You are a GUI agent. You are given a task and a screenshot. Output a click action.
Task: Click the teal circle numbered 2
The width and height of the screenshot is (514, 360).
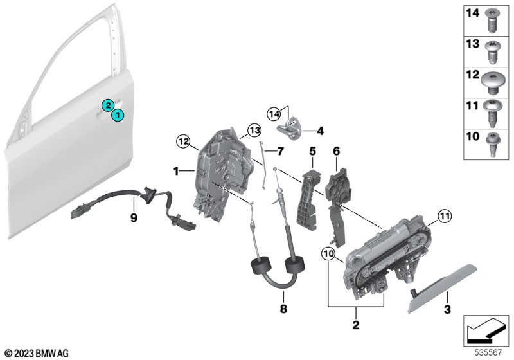tap(107, 105)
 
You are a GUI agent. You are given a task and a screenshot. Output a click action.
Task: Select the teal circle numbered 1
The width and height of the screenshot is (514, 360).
tap(118, 115)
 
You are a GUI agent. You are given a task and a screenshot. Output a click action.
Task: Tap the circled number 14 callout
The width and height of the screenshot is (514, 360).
tap(274, 114)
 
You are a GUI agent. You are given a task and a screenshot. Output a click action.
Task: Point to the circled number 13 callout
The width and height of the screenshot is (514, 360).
tap(254, 130)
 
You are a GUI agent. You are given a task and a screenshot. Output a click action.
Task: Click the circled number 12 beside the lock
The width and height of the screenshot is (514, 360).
tap(183, 141)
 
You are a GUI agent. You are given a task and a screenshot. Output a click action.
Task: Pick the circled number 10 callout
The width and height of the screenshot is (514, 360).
tap(328, 253)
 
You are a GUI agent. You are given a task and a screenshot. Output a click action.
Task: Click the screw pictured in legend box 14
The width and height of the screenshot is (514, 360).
tap(491, 21)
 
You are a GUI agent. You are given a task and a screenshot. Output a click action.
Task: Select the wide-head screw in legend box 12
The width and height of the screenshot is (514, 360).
tap(491, 82)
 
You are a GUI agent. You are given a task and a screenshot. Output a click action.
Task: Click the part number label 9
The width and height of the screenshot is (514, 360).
tap(134, 217)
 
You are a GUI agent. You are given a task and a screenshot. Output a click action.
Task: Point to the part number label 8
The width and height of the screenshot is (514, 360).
tap(283, 308)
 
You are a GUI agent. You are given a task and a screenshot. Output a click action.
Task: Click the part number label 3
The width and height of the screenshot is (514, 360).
tap(447, 309)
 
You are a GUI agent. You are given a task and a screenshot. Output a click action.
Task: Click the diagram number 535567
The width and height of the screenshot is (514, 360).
tap(488, 352)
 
